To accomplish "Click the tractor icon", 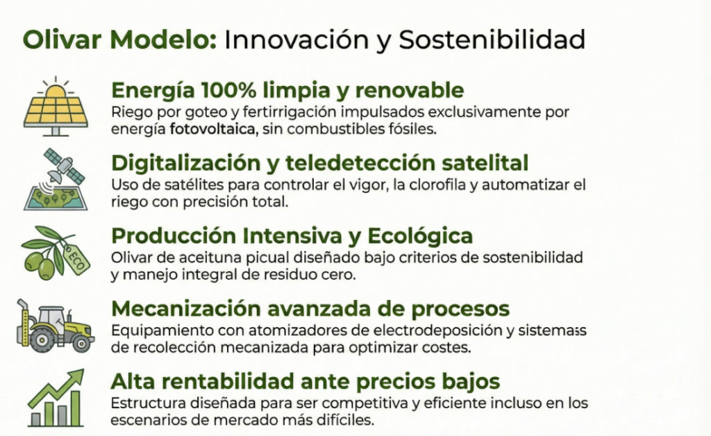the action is tap(55, 326).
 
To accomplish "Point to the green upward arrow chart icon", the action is tap(56, 398).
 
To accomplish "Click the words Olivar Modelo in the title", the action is tap(119, 40).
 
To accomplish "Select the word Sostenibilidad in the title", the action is tap(492, 40).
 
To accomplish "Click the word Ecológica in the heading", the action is tap(420, 235).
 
